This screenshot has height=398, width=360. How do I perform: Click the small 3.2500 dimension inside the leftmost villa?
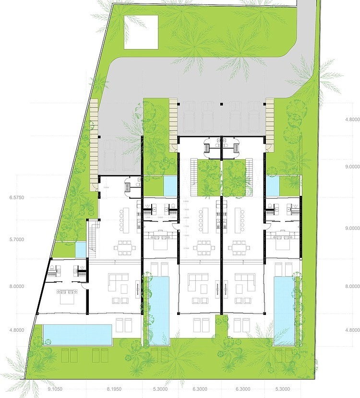click(x=107, y=188)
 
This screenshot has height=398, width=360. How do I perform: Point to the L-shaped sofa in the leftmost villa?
click(x=117, y=280)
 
